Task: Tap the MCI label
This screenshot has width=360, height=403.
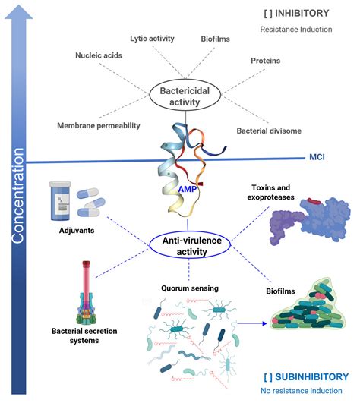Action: (317, 157)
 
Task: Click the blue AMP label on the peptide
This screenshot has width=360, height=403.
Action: (188, 190)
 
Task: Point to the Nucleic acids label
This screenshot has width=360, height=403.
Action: (99, 55)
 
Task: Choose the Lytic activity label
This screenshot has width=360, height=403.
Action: (152, 39)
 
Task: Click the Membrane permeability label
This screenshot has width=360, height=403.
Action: (99, 126)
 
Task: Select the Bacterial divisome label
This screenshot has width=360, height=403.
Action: (269, 131)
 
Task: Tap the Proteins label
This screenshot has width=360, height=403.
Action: (266, 61)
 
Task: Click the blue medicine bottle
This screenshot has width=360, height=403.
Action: (60, 201)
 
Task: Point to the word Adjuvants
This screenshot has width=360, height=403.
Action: (77, 230)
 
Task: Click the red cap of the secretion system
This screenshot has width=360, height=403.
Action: (86, 263)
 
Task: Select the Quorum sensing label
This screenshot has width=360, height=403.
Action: (190, 288)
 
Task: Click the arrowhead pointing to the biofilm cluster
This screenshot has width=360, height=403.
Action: (264, 323)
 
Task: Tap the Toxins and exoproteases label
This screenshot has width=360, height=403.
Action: (271, 192)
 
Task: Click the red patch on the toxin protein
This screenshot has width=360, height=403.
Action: (314, 201)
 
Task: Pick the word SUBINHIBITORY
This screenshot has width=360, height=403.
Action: (312, 377)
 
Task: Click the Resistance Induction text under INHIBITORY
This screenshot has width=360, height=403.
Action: (296, 30)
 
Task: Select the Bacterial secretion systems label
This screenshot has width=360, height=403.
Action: (84, 335)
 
